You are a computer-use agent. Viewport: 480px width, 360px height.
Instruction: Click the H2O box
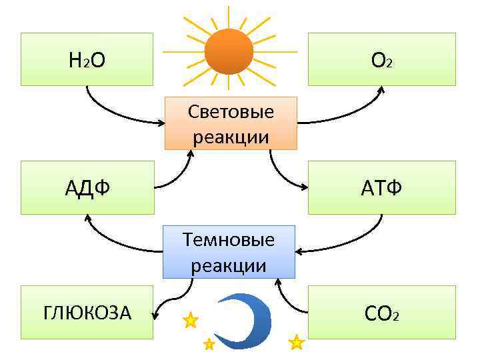(x=87, y=59)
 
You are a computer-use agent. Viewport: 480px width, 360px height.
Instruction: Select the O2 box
(x=381, y=59)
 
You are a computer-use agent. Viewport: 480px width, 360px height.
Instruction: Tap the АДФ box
(x=87, y=187)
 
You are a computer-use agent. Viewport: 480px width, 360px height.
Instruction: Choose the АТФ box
(x=381, y=187)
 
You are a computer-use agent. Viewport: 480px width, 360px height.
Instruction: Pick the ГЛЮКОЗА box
(x=87, y=312)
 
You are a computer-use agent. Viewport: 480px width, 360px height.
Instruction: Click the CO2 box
(x=381, y=312)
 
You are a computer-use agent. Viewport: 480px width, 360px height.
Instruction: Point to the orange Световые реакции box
(x=231, y=123)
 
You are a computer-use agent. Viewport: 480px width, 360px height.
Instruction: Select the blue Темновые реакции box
(x=229, y=251)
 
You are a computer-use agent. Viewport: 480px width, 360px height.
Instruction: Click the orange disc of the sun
(x=229, y=51)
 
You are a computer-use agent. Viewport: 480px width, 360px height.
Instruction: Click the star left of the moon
(x=191, y=321)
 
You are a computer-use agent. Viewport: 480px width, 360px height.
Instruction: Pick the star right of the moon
(x=296, y=343)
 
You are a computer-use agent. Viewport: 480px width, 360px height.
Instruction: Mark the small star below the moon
(x=209, y=344)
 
